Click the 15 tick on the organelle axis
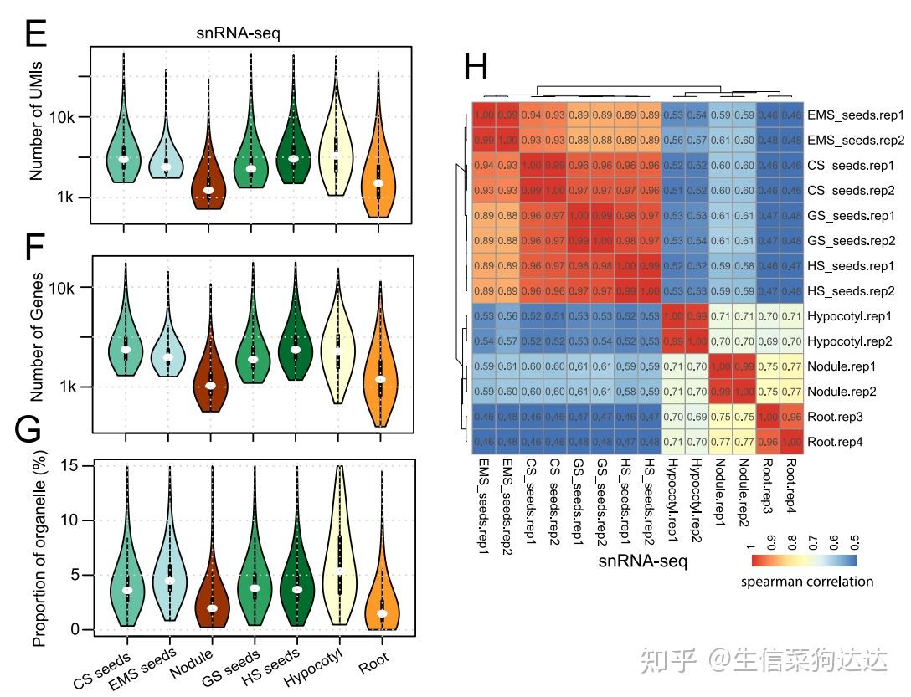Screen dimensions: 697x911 click(x=73, y=465)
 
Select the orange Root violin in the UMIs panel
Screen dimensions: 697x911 click(x=378, y=167)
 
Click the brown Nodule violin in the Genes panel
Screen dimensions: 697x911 click(x=210, y=377)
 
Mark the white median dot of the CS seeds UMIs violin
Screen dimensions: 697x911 click(x=123, y=159)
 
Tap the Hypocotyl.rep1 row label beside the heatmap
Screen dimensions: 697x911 click(x=851, y=316)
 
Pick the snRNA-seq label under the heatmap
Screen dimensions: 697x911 click(x=642, y=562)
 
